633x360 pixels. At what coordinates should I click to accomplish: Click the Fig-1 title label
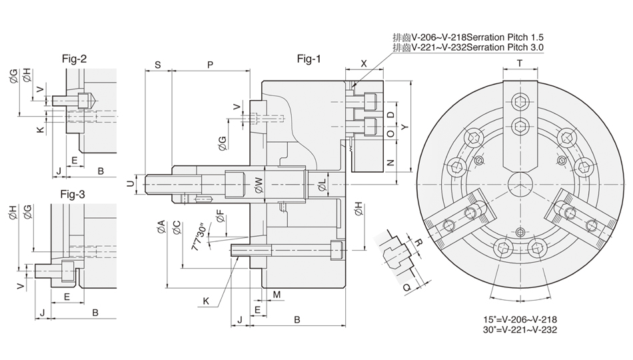tap(309, 59)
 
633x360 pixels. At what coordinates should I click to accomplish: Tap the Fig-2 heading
tap(74, 59)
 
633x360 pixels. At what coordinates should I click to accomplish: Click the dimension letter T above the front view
tap(520, 63)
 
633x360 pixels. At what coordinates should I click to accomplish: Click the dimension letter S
tap(157, 65)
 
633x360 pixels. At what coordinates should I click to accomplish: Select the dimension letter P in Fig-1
tap(210, 65)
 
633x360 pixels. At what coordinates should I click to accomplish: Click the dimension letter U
tap(131, 181)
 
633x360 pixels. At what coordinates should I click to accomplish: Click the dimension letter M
tap(277, 294)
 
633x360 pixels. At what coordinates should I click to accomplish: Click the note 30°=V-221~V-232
tap(521, 329)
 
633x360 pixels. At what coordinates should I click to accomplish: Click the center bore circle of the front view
tap(520, 183)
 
